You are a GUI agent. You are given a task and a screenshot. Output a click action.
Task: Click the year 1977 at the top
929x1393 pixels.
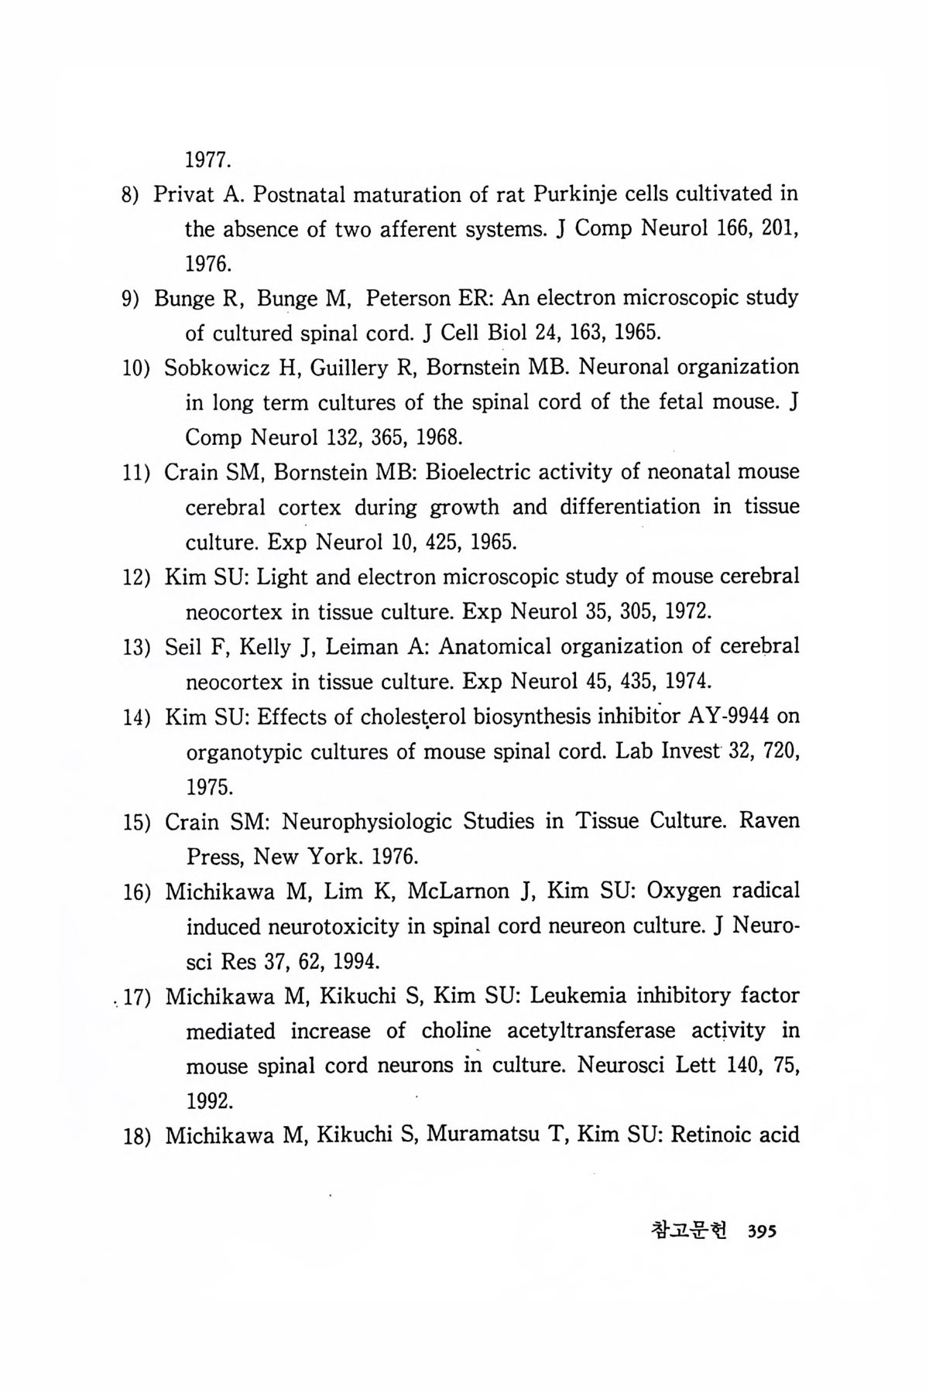(207, 161)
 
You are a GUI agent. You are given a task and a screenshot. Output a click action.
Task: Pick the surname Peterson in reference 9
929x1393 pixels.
(406, 298)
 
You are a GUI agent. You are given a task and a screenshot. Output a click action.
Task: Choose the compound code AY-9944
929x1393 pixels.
(727, 717)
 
